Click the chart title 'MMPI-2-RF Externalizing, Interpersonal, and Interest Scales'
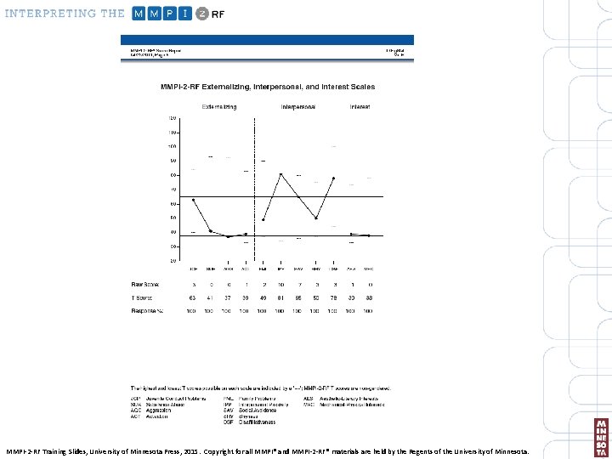[x=268, y=88]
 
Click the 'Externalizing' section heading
[x=218, y=107]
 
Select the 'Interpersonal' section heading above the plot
[x=297, y=107]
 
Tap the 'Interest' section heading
[x=360, y=107]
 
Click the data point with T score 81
[x=280, y=174]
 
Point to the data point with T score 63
[x=193, y=200]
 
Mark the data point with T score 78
[x=333, y=178]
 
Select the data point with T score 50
[x=315, y=218]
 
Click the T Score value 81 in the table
[x=280, y=298]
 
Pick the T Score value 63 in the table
[x=193, y=298]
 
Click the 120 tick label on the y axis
[x=173, y=118]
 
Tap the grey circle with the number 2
[x=202, y=14]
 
